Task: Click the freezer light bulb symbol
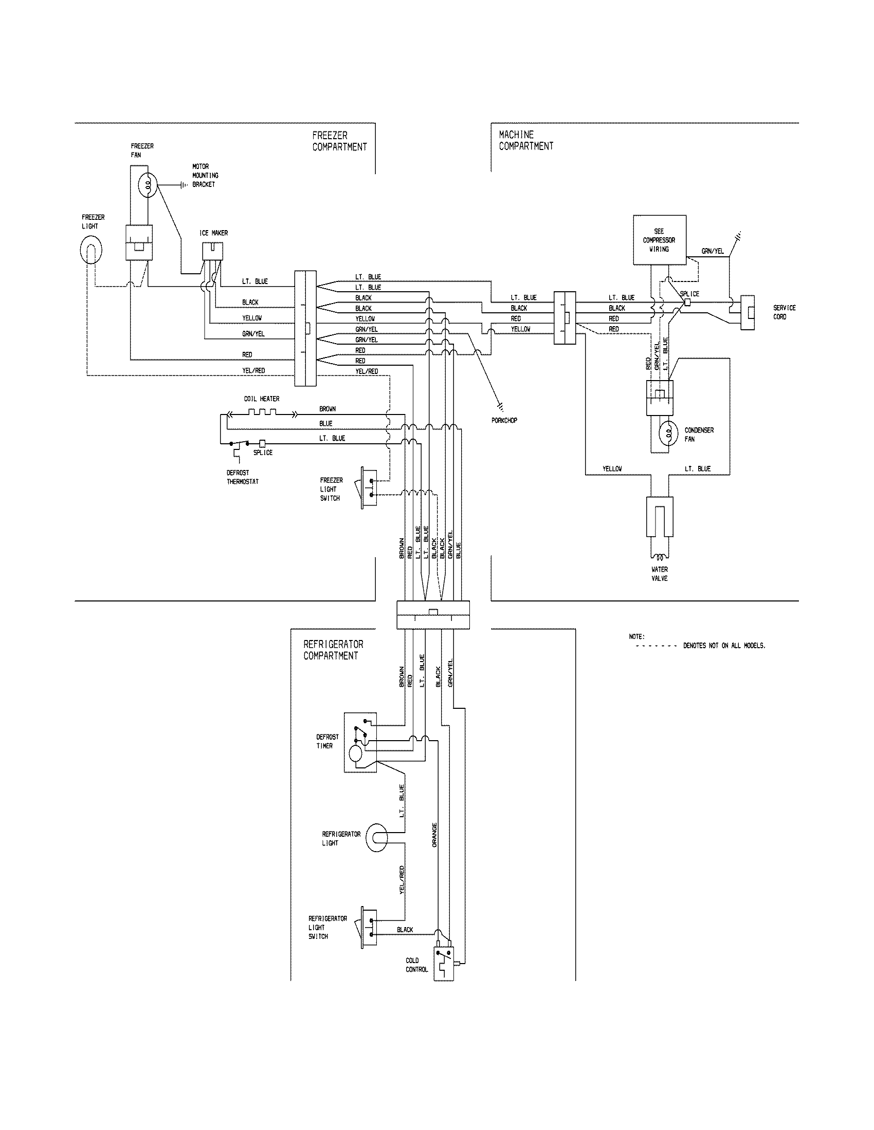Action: click(x=91, y=251)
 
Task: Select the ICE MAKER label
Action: click(x=213, y=233)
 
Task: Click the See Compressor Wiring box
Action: click(x=659, y=240)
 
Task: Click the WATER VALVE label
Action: click(x=660, y=574)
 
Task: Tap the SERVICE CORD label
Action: click(x=784, y=312)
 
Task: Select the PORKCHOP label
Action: click(x=504, y=421)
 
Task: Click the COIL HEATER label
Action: click(x=262, y=399)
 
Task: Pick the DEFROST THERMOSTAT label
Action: click(x=242, y=477)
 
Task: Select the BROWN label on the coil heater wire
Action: click(x=327, y=409)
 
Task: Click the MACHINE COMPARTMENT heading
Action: click(x=525, y=140)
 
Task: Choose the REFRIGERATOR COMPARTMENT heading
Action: click(x=333, y=650)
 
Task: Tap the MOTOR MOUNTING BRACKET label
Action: click(x=205, y=175)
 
